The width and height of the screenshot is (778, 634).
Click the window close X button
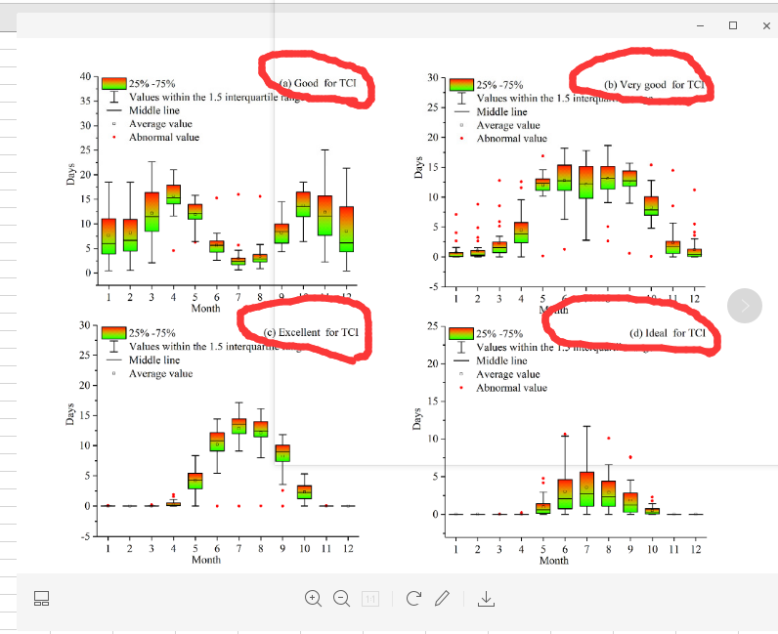766,26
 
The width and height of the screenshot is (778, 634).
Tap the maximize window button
733,26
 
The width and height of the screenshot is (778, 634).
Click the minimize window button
700,26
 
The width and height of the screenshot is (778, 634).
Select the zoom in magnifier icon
313,598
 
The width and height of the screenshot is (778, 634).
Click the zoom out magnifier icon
341,598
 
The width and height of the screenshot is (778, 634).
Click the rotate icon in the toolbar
413,598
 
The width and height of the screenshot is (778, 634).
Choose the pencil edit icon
442,598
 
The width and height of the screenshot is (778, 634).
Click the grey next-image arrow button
745,307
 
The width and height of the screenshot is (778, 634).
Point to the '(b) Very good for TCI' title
654,85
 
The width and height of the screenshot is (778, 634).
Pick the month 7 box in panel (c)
238,426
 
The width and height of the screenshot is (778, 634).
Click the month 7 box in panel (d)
586,488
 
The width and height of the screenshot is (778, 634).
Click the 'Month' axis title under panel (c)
206,560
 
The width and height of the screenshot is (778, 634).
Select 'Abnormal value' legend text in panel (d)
511,388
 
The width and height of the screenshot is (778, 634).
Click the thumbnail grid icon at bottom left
42,598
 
